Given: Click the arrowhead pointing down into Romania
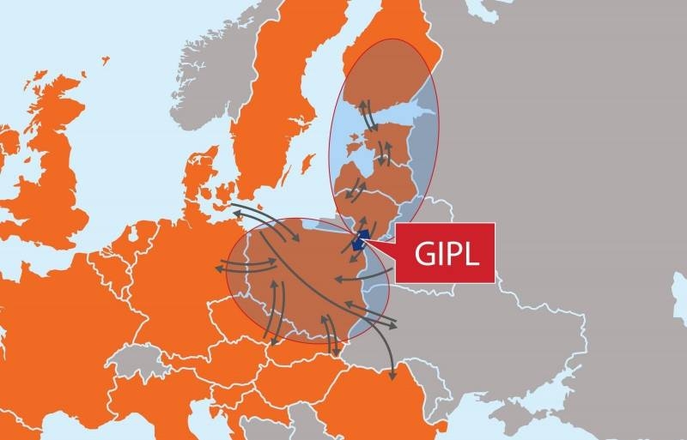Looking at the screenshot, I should pyautogui.click(x=392, y=377).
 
